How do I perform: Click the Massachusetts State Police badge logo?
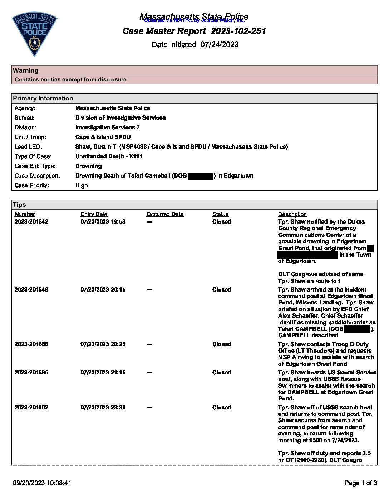coord(34,35)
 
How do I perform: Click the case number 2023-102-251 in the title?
coord(238,31)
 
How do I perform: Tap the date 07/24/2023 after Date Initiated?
coord(220,45)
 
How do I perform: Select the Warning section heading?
coord(26,70)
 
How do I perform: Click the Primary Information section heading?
coord(43,98)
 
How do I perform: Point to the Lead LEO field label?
coord(28,147)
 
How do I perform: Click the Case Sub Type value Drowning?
coord(89,166)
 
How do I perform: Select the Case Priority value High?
coord(82,185)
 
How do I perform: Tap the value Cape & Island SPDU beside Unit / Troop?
coord(103,137)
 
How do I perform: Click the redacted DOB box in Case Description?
coord(200,176)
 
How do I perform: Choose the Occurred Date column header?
coord(165,214)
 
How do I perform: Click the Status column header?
coord(220,214)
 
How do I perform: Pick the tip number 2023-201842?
coord(31,222)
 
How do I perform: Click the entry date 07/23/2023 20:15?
coord(103,290)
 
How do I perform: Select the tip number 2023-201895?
coord(31,373)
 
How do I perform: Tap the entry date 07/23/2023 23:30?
coord(103,408)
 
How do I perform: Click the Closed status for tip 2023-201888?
coord(222,344)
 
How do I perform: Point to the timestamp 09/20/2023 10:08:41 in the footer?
coord(42,483)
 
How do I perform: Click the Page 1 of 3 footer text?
coord(361,483)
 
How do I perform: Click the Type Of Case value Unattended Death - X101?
coord(109,156)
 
